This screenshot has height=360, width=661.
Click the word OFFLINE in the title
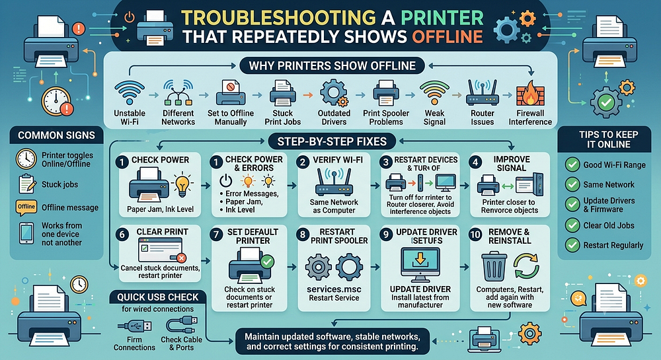[x=447, y=36]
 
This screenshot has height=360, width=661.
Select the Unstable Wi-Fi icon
[x=130, y=92]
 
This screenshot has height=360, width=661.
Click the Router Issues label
[x=483, y=118]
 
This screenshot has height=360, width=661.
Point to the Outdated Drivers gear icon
[x=334, y=93]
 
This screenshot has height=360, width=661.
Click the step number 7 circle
[x=216, y=234]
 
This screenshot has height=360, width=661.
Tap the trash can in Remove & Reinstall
[x=494, y=266]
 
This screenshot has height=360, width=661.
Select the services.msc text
[x=334, y=289]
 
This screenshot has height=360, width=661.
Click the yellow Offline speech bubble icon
[x=26, y=207]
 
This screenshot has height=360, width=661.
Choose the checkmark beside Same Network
[x=572, y=184]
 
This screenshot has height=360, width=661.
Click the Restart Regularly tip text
[x=613, y=245]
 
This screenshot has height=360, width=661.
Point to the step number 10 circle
[x=475, y=234]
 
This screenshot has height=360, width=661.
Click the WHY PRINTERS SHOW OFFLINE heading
[x=332, y=65]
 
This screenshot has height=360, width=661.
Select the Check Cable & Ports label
[x=181, y=343]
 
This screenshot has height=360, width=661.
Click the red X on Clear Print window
[x=181, y=258]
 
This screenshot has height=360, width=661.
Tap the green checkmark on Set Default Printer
[x=267, y=262]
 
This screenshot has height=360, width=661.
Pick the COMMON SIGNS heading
[x=56, y=135]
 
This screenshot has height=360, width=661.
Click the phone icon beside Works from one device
[x=26, y=233]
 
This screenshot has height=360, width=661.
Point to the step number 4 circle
[x=475, y=162]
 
